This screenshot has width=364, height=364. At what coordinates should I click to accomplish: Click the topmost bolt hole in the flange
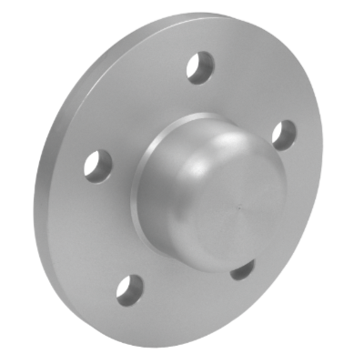(x=198, y=69)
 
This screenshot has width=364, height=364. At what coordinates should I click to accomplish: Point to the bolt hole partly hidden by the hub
(x=240, y=271)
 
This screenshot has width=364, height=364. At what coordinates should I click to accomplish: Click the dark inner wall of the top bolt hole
(x=196, y=66)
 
